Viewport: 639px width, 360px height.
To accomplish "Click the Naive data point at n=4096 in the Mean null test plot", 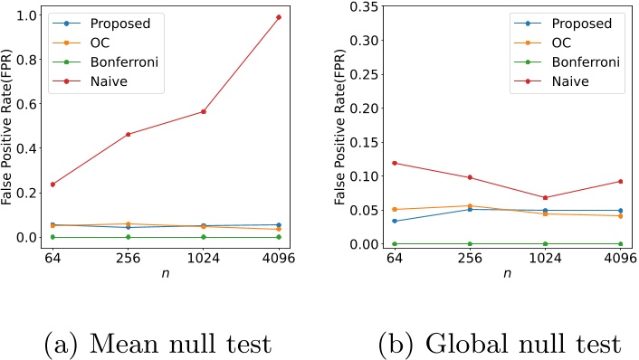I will pyautogui.click(x=279, y=17).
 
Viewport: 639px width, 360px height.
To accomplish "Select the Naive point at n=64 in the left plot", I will pyautogui.click(x=52, y=184).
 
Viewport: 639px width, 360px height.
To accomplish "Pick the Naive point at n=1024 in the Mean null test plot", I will pyautogui.click(x=204, y=111).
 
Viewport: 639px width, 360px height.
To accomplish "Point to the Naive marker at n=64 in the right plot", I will pyautogui.click(x=395, y=163).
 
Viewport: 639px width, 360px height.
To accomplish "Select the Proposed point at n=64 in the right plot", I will pyautogui.click(x=395, y=221).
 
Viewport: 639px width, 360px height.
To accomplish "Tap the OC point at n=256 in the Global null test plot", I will pyautogui.click(x=470, y=205).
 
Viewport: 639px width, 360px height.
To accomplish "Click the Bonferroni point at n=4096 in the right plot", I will pyautogui.click(x=620, y=244).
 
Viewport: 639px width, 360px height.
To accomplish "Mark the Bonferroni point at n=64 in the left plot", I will pyautogui.click(x=52, y=237).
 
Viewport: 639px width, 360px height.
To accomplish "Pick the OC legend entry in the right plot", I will pyautogui.click(x=560, y=43).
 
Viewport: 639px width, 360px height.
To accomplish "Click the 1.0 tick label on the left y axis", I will pyautogui.click(x=33, y=16).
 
